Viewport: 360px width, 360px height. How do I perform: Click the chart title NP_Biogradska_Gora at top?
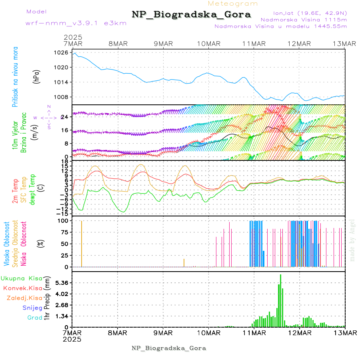tap(191, 15)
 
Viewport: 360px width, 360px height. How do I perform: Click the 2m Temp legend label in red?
tap(15, 190)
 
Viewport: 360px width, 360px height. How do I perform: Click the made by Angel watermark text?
tap(352, 240)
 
